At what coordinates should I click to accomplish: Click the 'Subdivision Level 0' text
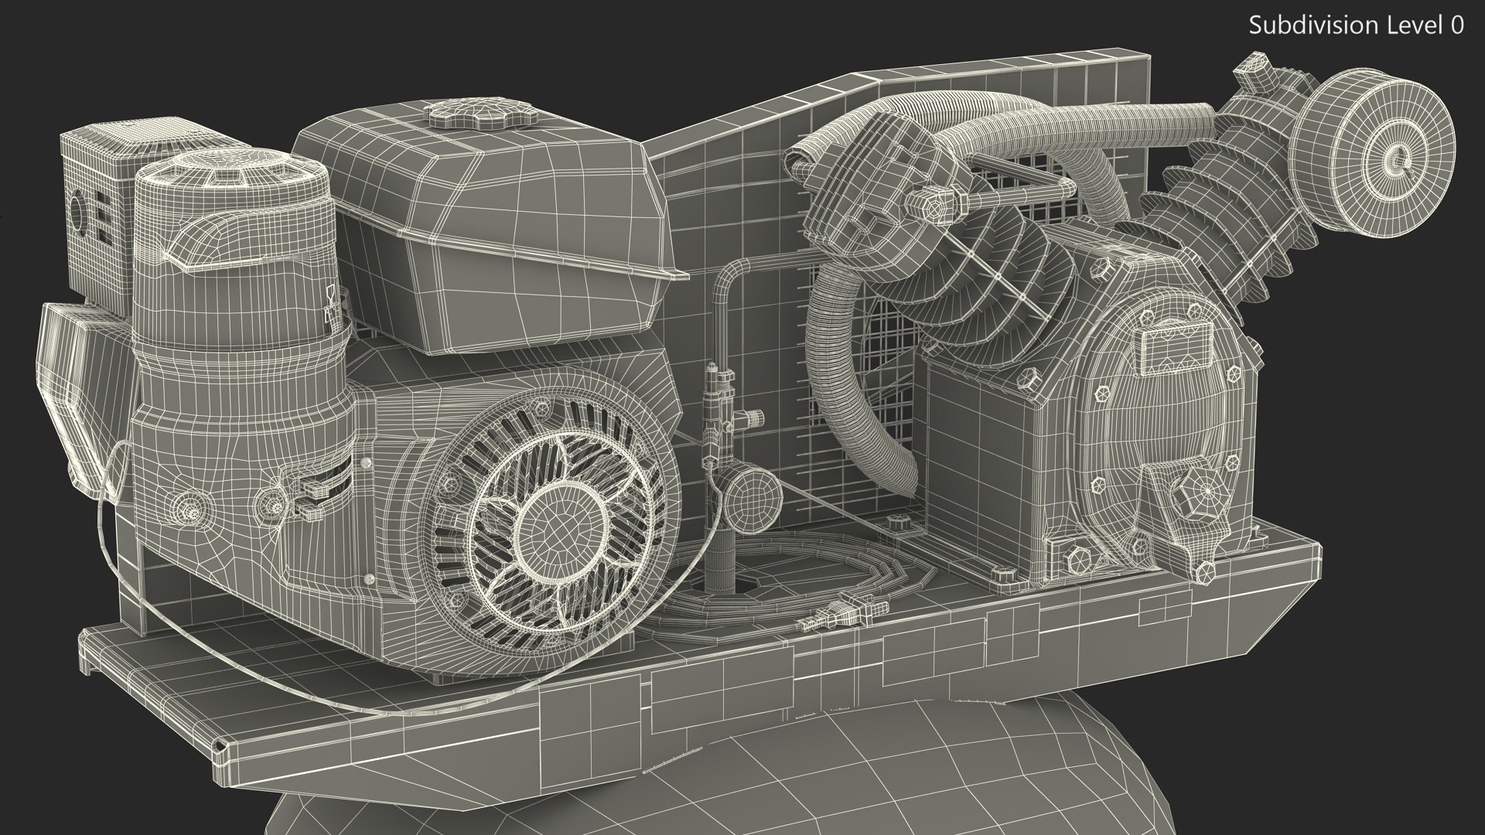(1356, 26)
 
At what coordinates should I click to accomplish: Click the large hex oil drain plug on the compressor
(1207, 489)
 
